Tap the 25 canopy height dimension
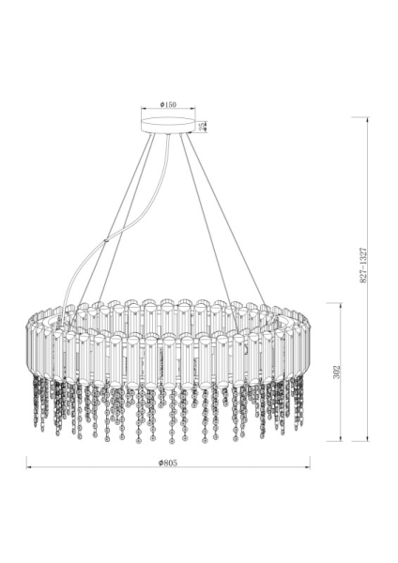(204, 125)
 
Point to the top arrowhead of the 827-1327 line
(366, 119)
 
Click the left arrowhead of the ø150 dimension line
(144, 111)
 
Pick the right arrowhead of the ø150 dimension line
(191, 111)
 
